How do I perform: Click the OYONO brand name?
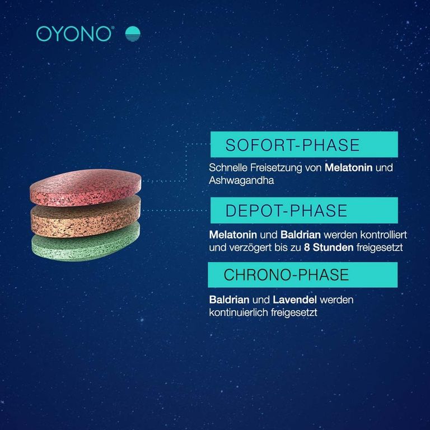coord(74,34)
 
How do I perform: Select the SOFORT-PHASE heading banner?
coord(303,144)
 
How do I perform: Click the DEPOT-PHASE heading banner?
coord(303,211)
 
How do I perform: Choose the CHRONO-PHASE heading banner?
coord(302,275)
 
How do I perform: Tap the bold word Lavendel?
coord(296,300)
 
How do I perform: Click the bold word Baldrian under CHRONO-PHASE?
coord(228,300)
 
